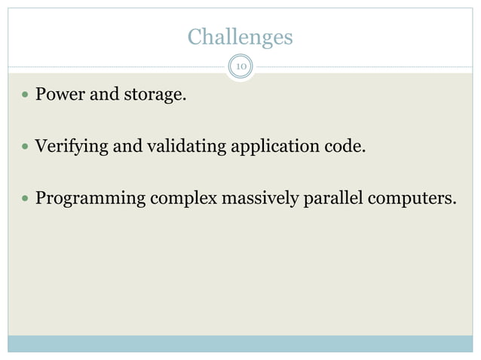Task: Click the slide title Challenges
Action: coord(240,36)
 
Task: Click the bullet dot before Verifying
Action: coord(26,147)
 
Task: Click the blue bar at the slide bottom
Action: coord(240,343)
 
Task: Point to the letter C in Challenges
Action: coord(194,36)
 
